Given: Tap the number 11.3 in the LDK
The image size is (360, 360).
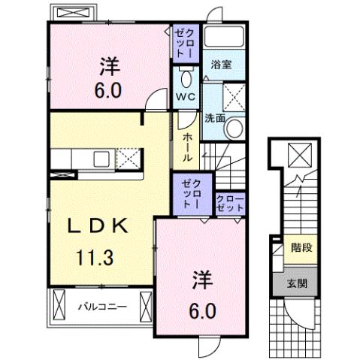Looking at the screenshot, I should point(94,259).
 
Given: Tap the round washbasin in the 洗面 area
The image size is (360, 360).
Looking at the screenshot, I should point(234,129).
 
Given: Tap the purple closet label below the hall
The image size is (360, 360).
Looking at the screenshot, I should point(192,192).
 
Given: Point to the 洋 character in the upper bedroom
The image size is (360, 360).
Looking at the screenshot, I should point(107,67).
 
